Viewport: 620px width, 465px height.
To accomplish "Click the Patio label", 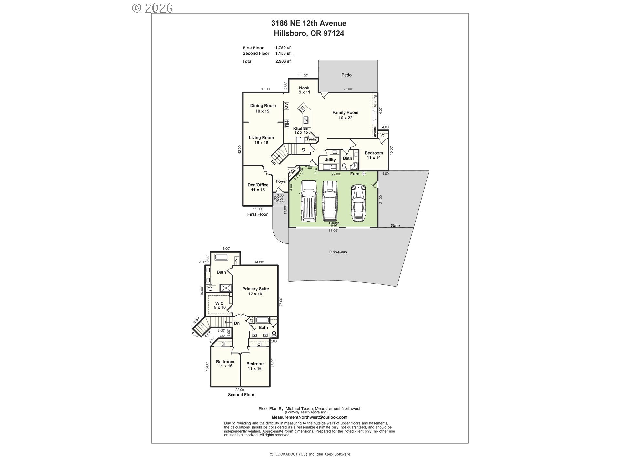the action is pyautogui.click(x=346, y=75).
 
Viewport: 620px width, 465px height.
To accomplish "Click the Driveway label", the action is pyautogui.click(x=338, y=252).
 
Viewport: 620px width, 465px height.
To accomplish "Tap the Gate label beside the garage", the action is pyautogui.click(x=395, y=226).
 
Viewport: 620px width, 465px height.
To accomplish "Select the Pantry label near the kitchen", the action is pyautogui.click(x=312, y=139).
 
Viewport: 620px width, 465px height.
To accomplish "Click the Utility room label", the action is pyautogui.click(x=330, y=160).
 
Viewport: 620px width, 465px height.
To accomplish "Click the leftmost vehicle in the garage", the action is pyautogui.click(x=308, y=201).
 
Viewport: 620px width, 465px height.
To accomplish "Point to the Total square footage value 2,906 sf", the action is pyautogui.click(x=283, y=61).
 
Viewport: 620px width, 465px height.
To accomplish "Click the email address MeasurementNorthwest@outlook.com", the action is pyautogui.click(x=309, y=417).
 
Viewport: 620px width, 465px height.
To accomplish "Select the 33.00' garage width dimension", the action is pyautogui.click(x=333, y=231).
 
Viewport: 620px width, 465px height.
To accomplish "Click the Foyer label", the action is pyautogui.click(x=281, y=181).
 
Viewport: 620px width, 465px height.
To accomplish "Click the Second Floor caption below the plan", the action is pyautogui.click(x=241, y=395).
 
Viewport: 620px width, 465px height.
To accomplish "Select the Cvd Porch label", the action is pyautogui.click(x=281, y=200).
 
